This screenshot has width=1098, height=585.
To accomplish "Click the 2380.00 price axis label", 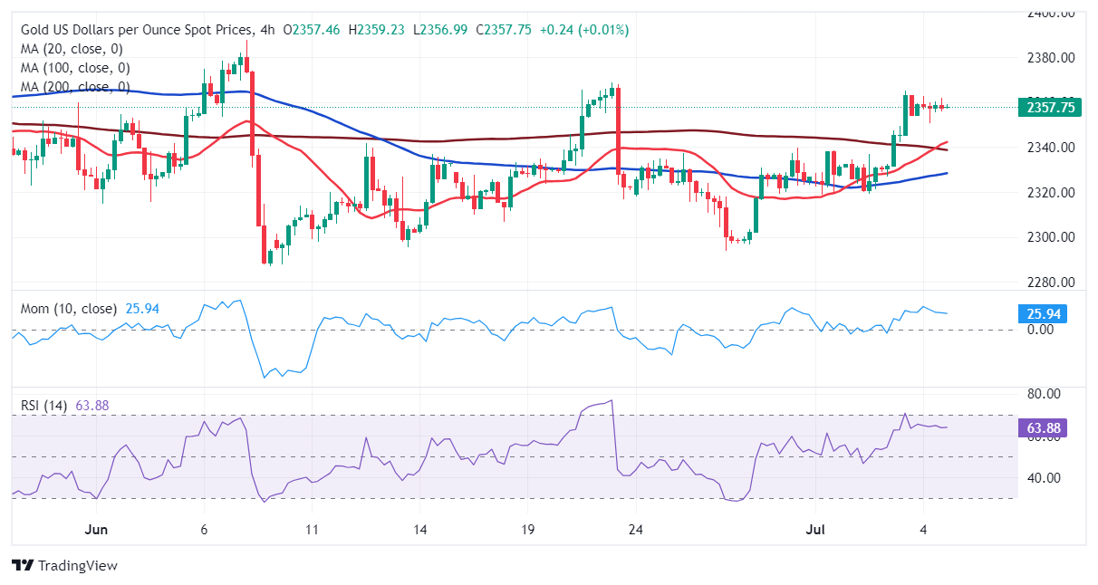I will (1051, 58).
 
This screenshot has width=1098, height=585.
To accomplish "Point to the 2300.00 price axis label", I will (1051, 237).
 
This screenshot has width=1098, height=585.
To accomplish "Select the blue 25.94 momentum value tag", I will (1045, 314).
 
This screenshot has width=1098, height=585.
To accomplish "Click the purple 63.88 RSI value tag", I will (1045, 427).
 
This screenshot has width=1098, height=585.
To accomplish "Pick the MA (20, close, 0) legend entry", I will (72, 49).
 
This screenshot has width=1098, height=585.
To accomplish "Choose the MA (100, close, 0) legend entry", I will (75, 68).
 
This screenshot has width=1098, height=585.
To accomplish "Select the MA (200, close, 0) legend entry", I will (75, 87).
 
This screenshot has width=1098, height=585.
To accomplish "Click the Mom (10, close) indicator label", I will (69, 309).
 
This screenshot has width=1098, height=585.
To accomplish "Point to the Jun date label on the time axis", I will (95, 529).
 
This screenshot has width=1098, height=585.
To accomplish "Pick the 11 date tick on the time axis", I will (312, 529).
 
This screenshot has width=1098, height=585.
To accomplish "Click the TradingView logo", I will (64, 566).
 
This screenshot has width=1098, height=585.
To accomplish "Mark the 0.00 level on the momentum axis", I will (1041, 330).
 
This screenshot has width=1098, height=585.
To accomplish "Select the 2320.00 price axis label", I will (1051, 193).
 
